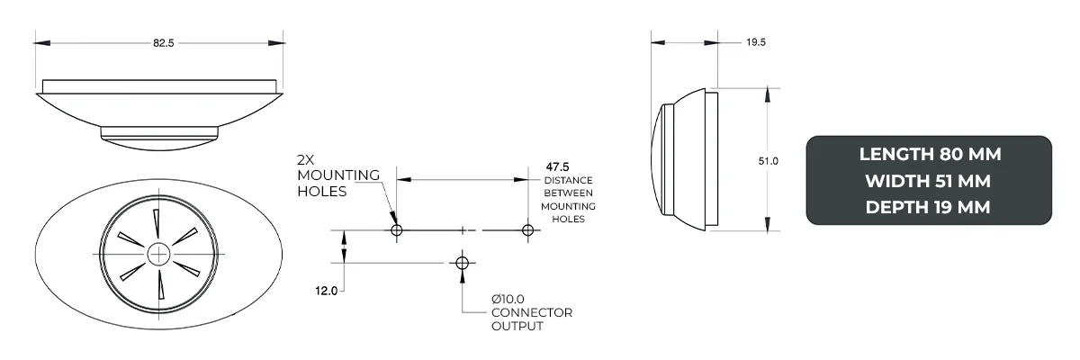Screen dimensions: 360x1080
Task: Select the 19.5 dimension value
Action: tap(757, 42)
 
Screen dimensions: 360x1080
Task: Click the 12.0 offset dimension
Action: tap(326, 291)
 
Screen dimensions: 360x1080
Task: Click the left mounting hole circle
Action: tap(396, 230)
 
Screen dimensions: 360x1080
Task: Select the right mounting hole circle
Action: tap(528, 230)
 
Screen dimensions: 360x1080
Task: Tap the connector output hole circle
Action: tap(463, 263)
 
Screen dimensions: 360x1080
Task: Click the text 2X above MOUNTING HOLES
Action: tap(307, 159)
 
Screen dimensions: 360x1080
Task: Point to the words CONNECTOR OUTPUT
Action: tap(531, 319)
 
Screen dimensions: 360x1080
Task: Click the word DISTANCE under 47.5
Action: tap(568, 180)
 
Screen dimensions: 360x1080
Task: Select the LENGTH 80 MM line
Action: tap(930, 154)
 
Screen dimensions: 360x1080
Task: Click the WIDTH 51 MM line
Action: tap(929, 181)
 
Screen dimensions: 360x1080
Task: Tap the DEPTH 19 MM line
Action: tap(929, 207)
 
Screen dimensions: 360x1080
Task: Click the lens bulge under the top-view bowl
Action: tap(159, 136)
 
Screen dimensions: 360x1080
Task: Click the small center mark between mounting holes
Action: tap(463, 230)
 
